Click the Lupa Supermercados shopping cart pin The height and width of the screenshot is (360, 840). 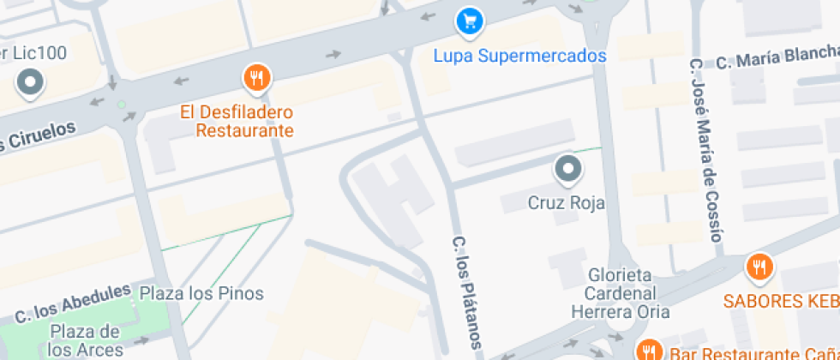pos(468,22)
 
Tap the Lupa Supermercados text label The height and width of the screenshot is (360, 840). pos(519,57)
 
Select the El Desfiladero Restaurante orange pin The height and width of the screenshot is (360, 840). pos(256,80)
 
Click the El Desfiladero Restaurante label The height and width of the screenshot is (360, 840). pos(237,121)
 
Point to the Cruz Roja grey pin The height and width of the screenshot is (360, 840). pos(567,169)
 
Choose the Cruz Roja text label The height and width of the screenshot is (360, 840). pos(566,203)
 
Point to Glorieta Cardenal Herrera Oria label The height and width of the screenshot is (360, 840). pos(621,293)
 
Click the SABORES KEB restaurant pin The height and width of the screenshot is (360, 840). pos(758,267)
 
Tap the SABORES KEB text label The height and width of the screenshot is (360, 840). pos(781,301)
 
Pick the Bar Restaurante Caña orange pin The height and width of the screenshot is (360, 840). pos(649,349)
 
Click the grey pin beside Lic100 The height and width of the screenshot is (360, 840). pos(32,83)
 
